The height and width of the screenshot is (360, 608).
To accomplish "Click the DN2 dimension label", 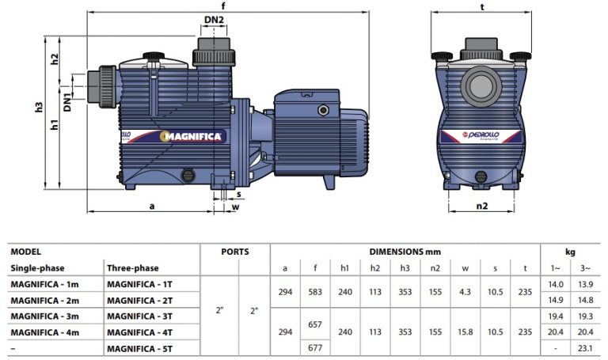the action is click(x=214, y=20).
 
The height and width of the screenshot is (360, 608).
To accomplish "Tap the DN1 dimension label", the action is click(x=67, y=102).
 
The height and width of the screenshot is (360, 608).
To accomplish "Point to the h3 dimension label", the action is click(x=38, y=107).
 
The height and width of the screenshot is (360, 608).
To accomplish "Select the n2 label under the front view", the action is click(x=481, y=207).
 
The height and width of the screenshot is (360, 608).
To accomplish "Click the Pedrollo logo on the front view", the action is click(x=481, y=135).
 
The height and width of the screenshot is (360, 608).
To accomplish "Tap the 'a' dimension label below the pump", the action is click(x=152, y=207).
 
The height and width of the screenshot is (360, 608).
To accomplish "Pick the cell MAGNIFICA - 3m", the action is click(x=44, y=316).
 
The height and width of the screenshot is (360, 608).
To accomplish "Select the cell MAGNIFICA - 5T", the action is click(x=139, y=348).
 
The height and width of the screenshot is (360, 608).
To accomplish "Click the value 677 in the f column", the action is click(x=315, y=347).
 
